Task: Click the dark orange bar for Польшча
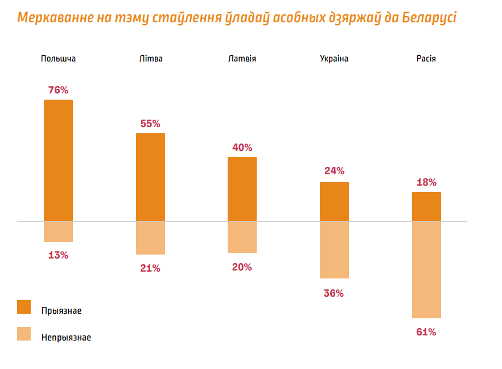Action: click(x=58, y=160)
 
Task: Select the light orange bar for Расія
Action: click(x=426, y=269)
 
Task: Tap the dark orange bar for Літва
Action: click(x=150, y=177)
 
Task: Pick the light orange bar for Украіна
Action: click(x=334, y=249)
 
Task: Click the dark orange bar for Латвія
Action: click(x=242, y=188)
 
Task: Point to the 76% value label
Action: click(x=58, y=90)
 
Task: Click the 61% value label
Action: click(x=426, y=332)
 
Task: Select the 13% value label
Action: click(x=58, y=255)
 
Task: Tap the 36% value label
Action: click(x=334, y=293)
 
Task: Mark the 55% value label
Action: click(x=150, y=124)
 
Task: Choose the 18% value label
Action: click(x=426, y=182)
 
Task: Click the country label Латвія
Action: click(x=242, y=59)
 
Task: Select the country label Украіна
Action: click(x=334, y=59)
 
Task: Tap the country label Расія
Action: click(x=426, y=59)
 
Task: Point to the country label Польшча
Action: click(x=58, y=59)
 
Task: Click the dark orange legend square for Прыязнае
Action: click(x=24, y=307)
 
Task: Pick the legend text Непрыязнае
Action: click(x=66, y=337)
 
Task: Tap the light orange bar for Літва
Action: click(x=150, y=237)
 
